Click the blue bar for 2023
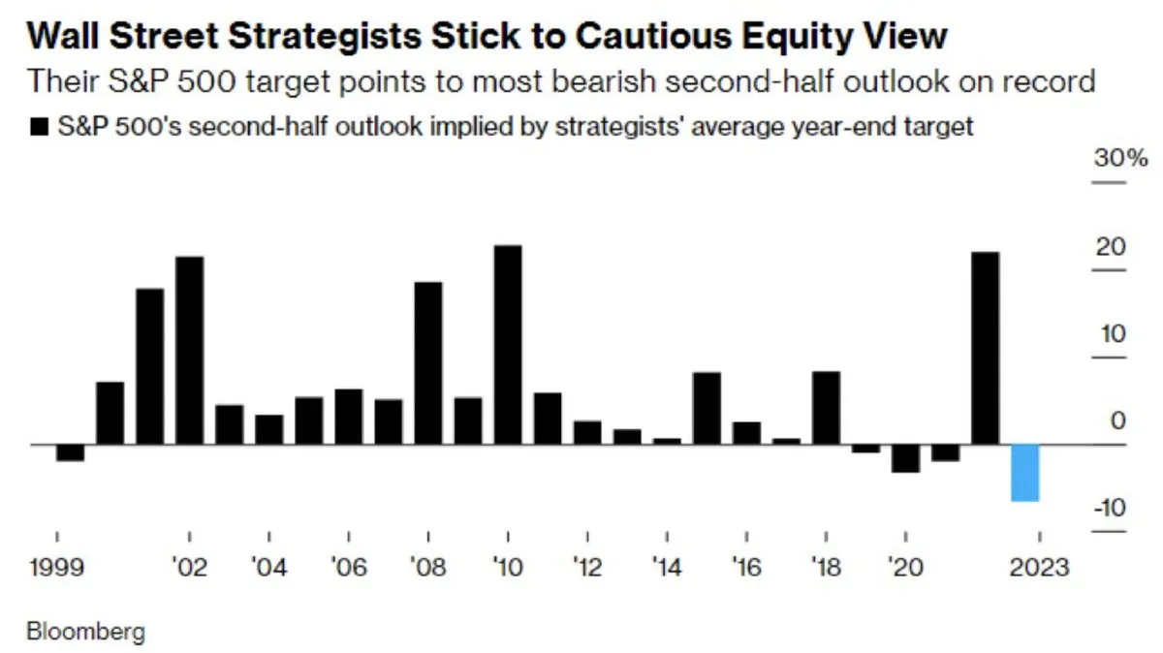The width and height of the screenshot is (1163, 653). coord(1025,473)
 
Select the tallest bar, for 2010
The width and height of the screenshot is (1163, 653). coord(508,345)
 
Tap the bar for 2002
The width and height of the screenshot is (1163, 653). coord(190,351)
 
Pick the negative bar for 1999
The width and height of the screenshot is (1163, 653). coord(70,452)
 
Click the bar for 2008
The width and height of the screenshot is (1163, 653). coord(428,363)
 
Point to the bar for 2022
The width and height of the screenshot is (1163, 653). coord(985,349)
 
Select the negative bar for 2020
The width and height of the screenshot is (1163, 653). coord(905,458)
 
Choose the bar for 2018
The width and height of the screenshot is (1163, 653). coord(826,408)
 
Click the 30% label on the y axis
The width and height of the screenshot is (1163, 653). coord(1120,158)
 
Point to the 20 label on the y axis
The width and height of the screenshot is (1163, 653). coord(1111,247)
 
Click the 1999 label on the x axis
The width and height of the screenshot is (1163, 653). coord(57,567)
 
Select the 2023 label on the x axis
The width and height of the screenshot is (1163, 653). coord(1039,567)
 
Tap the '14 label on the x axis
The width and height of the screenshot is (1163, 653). coord(666,567)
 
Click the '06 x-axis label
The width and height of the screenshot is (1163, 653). coord(348,567)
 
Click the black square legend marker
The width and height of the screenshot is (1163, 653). coord(39,127)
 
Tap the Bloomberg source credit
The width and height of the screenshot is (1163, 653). coord(85,632)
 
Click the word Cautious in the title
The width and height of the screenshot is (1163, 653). coord(653,37)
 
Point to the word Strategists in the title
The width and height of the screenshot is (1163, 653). coord(325,38)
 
